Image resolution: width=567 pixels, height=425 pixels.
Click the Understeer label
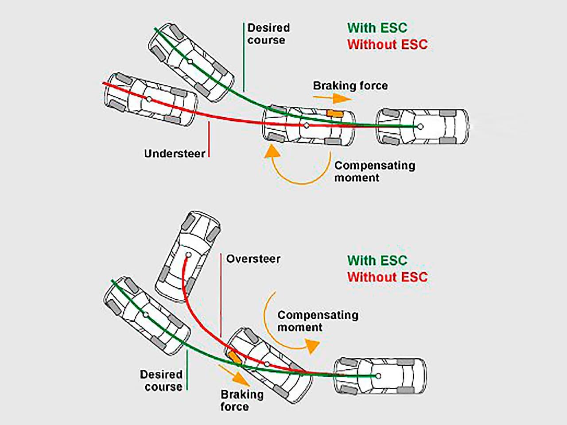[x=175, y=154]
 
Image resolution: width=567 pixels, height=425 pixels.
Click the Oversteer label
[x=253, y=259]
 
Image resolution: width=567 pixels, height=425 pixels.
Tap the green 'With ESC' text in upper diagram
[x=377, y=27]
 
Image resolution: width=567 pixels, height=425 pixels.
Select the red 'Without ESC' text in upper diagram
[x=387, y=44]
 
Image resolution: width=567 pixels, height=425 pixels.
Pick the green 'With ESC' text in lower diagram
[x=377, y=260]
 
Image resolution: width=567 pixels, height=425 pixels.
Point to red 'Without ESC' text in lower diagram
[x=387, y=277]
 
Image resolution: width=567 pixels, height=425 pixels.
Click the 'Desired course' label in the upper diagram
[x=268, y=34]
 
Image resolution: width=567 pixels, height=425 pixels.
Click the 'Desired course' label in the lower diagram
[x=161, y=380]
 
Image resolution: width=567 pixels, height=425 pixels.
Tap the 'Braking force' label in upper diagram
[x=350, y=85]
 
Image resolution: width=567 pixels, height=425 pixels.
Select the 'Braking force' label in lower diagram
[x=241, y=400]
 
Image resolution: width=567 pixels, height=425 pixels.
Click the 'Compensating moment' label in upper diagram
[x=374, y=171]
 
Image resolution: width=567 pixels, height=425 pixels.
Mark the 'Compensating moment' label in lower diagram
[x=318, y=321]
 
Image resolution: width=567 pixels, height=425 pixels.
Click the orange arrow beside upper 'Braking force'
[x=339, y=98]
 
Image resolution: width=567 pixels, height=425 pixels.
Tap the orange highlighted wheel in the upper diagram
[x=334, y=114]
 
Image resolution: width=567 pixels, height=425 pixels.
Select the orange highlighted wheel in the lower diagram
[x=234, y=357]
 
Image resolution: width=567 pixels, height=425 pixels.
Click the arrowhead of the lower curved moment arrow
[x=313, y=346]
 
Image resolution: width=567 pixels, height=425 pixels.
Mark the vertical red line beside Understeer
[x=209, y=139]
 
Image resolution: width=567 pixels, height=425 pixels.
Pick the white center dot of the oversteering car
[x=189, y=255]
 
